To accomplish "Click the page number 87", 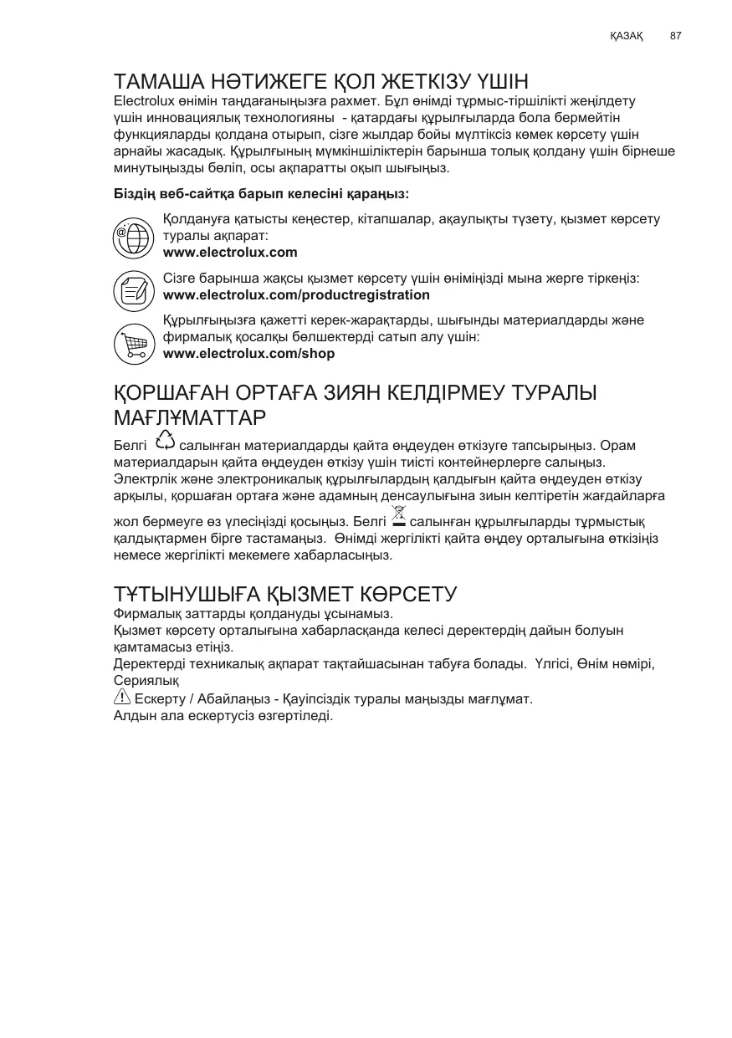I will click(x=676, y=37).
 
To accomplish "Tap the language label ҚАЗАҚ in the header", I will click(x=626, y=37).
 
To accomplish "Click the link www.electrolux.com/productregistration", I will click(x=296, y=295).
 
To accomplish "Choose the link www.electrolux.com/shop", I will click(x=248, y=354).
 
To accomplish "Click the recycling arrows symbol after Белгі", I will click(x=165, y=441).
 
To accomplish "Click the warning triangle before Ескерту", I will click(x=121, y=698).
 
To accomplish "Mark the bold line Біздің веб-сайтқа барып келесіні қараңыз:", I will click(x=261, y=194).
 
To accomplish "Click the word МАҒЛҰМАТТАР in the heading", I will click(x=189, y=416).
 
